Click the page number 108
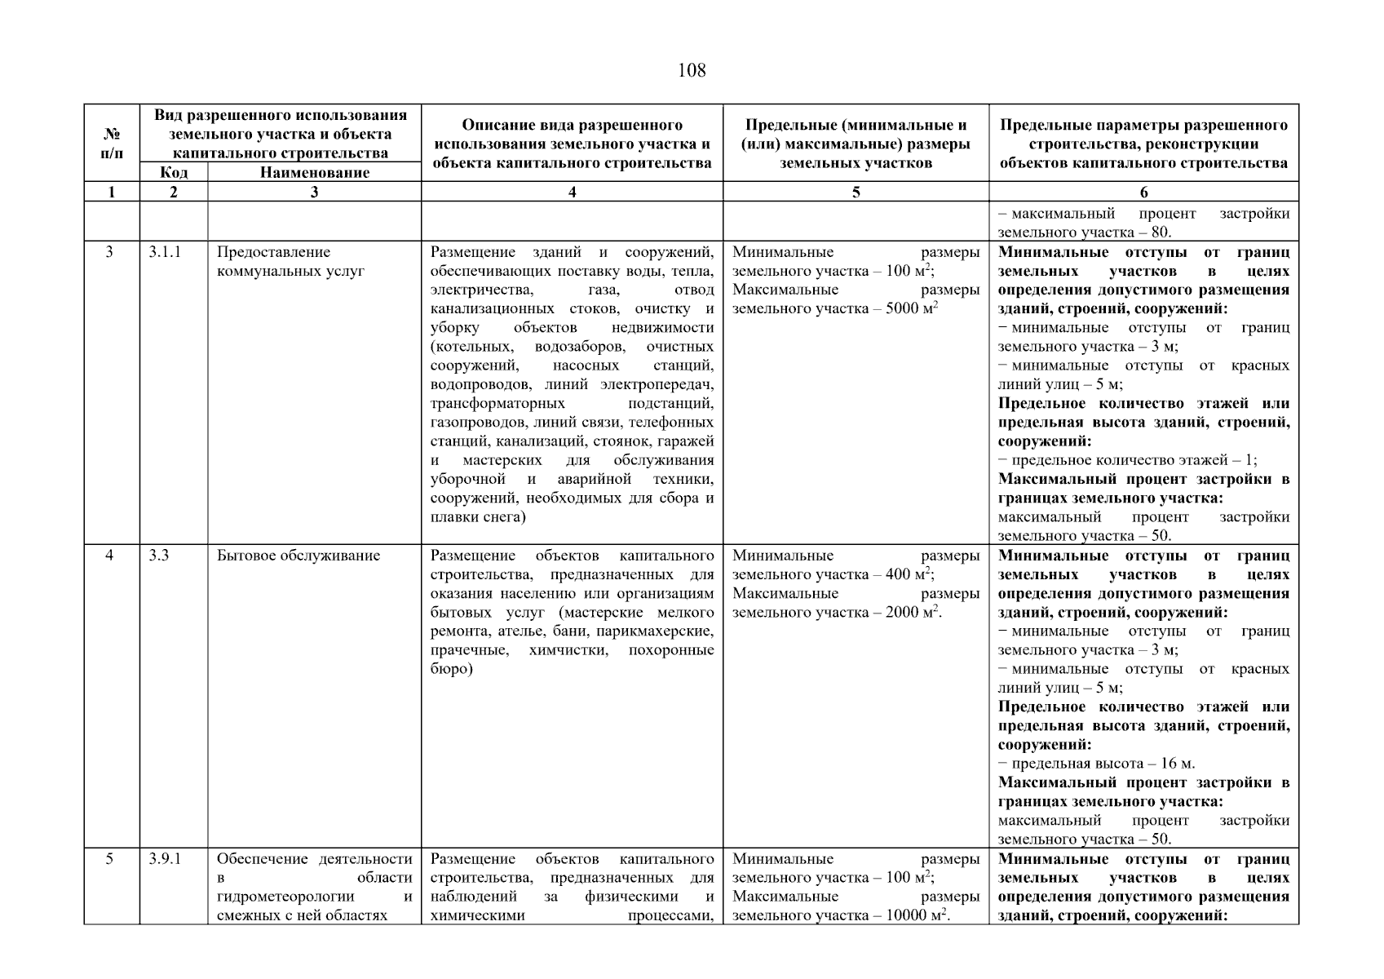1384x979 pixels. [692, 71]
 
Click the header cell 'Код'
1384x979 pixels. [174, 172]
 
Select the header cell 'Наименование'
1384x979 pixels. [314, 172]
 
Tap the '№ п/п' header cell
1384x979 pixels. [112, 144]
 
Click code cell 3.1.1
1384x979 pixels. [165, 252]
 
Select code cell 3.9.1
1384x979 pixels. [165, 859]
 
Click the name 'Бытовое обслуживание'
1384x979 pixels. [298, 556]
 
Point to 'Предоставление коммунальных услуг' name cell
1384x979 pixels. [290, 261]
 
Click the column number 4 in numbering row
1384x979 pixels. [572, 192]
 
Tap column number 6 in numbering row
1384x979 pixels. [1143, 192]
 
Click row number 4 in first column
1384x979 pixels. [110, 556]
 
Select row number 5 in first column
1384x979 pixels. [110, 859]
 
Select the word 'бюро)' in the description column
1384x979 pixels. [452, 669]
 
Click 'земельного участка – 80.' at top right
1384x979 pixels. [1085, 233]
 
